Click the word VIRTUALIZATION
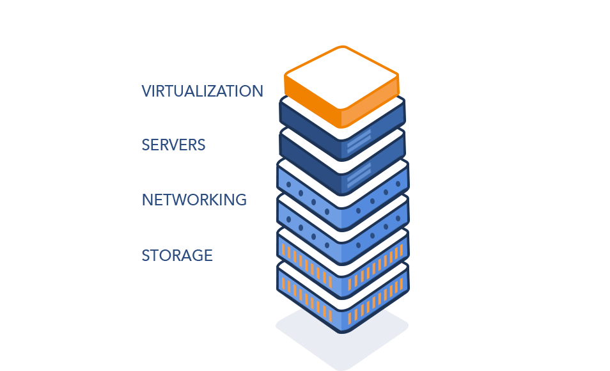[201, 91]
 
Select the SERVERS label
[173, 145]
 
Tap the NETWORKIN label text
[187, 200]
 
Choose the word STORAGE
[176, 255]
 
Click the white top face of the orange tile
[341, 75]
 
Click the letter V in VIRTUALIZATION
[146, 91]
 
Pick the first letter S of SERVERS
[146, 145]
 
